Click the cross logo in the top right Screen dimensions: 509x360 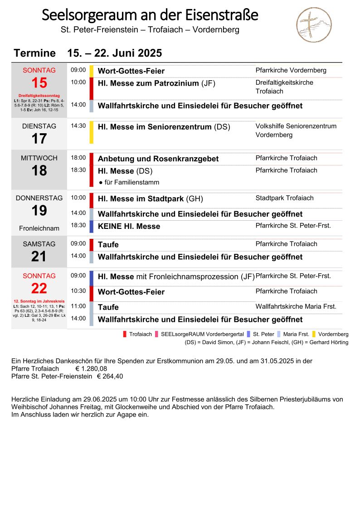click(x=314, y=25)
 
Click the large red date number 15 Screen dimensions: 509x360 click(x=39, y=83)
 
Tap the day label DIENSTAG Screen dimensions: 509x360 click(x=39, y=126)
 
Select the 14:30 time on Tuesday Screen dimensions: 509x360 click(x=78, y=126)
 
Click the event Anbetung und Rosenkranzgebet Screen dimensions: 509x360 click(x=158, y=159)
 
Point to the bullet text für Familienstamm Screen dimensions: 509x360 click(x=129, y=182)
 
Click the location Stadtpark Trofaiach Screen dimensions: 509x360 click(x=284, y=198)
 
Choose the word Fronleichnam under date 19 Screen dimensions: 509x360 click(x=39, y=228)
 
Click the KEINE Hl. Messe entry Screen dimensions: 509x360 click(x=129, y=226)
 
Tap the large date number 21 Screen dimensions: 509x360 click(x=39, y=257)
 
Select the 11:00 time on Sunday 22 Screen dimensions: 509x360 click(x=78, y=306)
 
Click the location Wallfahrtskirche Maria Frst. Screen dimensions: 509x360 click(x=296, y=306)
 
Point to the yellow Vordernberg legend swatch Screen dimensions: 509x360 click(x=314, y=334)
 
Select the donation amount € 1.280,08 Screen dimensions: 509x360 click(x=91, y=368)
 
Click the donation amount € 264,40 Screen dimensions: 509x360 click(x=110, y=376)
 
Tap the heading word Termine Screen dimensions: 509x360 click(x=34, y=53)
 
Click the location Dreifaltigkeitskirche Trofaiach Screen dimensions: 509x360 click(x=284, y=87)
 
